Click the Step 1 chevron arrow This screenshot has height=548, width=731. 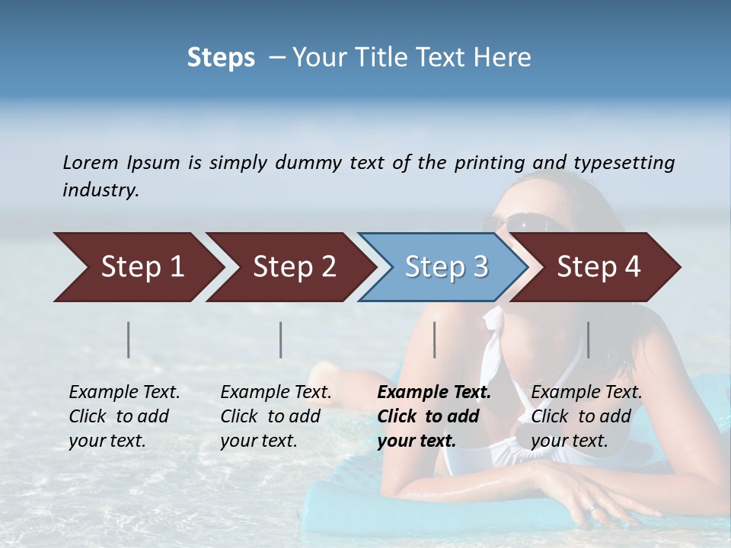[x=137, y=267]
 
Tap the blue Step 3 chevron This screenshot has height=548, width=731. [x=443, y=267]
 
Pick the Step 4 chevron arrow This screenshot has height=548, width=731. [x=595, y=267]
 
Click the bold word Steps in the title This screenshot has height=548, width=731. [x=221, y=58]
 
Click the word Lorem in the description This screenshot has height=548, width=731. [x=90, y=162]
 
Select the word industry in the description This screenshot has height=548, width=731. [x=100, y=190]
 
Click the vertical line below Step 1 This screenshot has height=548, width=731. [x=129, y=339]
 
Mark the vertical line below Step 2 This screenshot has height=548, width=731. [x=281, y=339]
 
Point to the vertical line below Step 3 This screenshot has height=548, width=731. [x=434, y=339]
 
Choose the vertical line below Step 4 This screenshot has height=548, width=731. [x=588, y=339]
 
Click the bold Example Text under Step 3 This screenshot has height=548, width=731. [x=434, y=416]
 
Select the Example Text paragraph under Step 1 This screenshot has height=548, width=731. [x=124, y=416]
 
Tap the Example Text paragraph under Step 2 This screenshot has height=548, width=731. [x=276, y=416]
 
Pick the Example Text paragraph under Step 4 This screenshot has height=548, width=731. [x=586, y=416]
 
